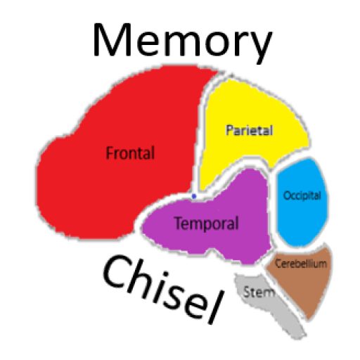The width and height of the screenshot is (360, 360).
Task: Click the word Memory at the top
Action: (x=183, y=42)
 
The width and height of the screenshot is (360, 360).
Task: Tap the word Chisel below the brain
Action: (x=162, y=290)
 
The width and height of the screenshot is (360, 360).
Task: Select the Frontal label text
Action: (x=130, y=153)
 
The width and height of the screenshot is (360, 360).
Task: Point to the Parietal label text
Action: (x=250, y=130)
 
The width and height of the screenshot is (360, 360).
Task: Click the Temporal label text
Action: (x=207, y=224)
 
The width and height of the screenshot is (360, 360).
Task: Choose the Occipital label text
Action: (x=302, y=196)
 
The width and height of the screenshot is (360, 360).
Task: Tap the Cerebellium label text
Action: (x=301, y=264)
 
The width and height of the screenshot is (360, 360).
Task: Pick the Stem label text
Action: (x=259, y=292)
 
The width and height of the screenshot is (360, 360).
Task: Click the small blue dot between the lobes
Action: (x=194, y=196)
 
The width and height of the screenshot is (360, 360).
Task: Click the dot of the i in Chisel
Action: (x=165, y=274)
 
